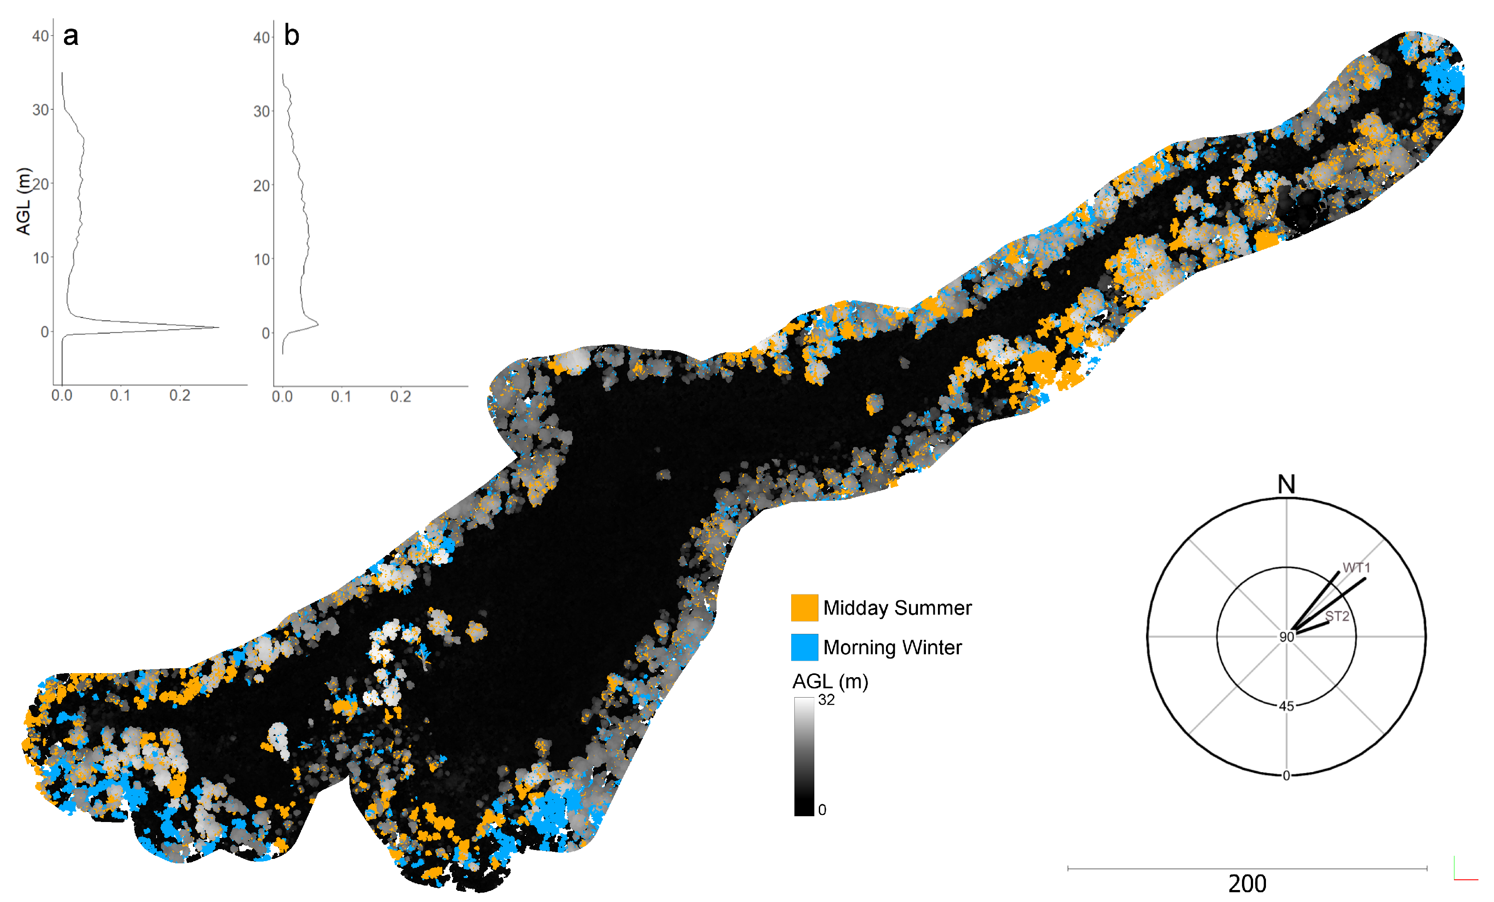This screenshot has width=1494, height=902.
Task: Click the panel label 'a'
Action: click(71, 36)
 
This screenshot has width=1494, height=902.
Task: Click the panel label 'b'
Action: click(292, 36)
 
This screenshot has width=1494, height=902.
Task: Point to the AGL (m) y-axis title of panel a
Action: click(23, 201)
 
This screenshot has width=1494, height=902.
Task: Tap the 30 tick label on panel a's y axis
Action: click(40, 110)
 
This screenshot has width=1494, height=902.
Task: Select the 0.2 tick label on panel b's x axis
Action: click(400, 397)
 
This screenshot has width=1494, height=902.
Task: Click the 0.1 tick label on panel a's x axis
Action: click(120, 396)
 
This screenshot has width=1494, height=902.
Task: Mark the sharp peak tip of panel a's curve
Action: click(218, 328)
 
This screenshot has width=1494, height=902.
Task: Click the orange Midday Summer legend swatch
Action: click(804, 607)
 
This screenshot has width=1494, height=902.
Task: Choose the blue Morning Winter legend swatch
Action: click(804, 647)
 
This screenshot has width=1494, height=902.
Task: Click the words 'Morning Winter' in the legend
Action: click(892, 647)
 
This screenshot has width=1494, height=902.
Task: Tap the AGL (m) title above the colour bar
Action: click(830, 681)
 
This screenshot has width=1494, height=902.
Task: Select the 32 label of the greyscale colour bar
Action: click(826, 700)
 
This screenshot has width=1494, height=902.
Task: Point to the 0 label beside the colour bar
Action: click(822, 810)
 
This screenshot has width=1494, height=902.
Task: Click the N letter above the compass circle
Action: click(1286, 484)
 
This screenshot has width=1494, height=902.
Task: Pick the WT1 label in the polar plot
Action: click(1356, 568)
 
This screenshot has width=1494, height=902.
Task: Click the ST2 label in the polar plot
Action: click(1337, 616)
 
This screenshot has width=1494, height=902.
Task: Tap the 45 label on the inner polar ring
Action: click(1286, 706)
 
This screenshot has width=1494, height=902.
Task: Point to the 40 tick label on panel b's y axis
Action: click(261, 38)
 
